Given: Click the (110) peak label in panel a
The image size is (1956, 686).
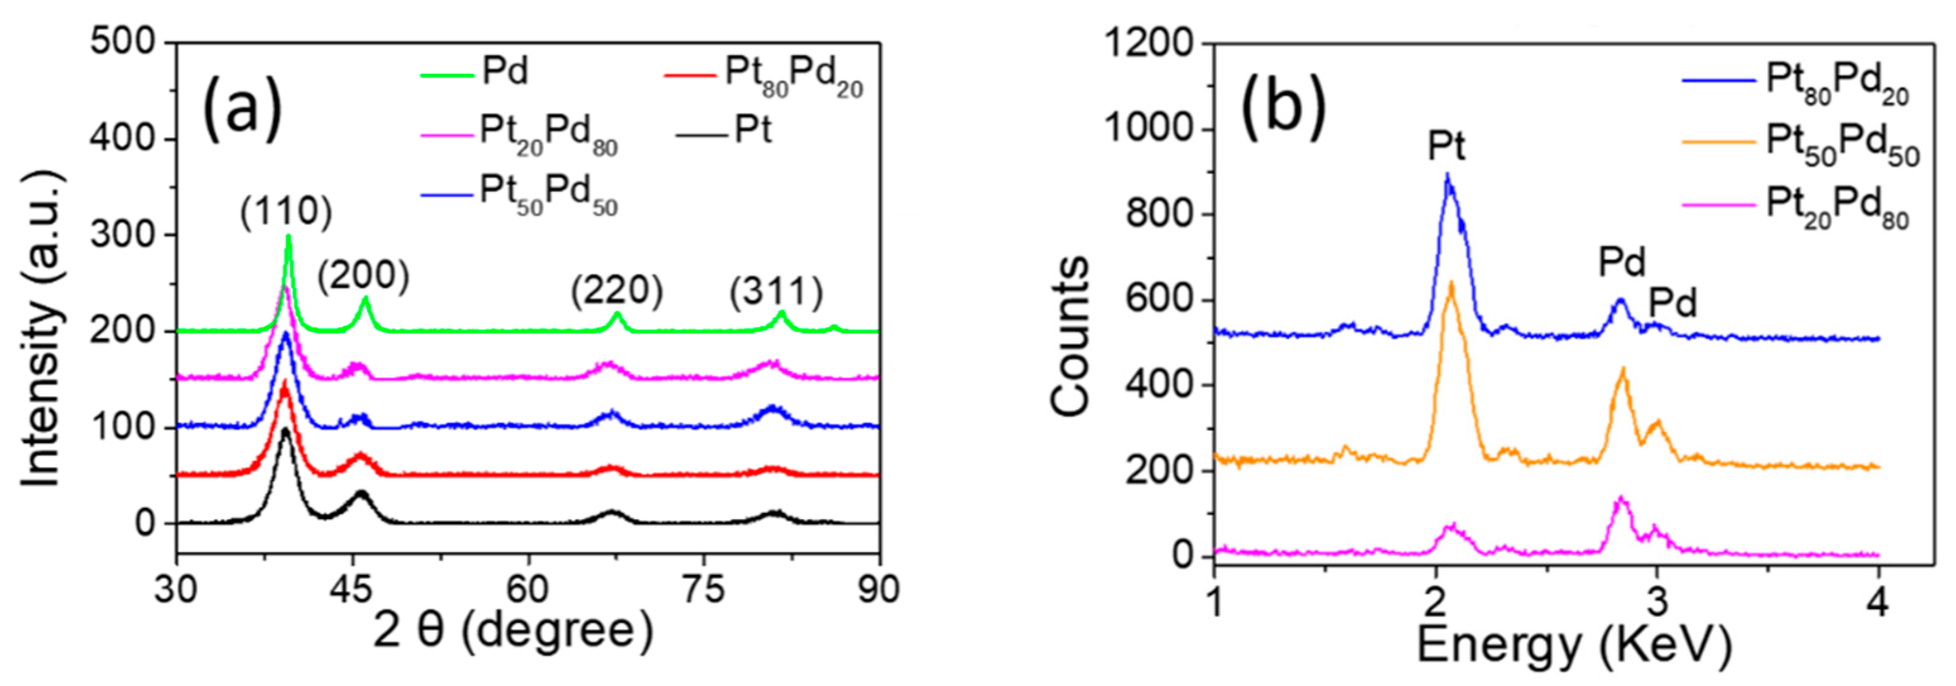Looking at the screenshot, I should [287, 214].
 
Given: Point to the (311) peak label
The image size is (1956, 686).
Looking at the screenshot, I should [776, 292].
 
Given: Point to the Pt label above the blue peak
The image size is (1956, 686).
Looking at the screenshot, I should [1446, 147].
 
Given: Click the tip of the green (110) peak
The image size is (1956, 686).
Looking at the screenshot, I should [288, 236].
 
